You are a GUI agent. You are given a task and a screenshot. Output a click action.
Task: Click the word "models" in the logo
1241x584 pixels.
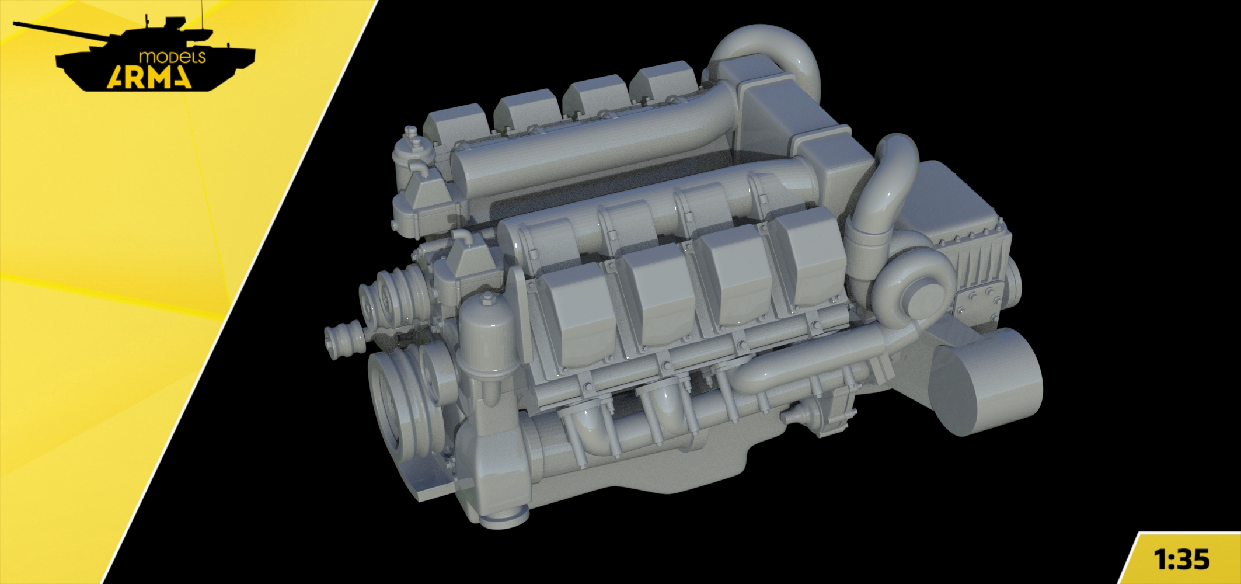(172, 57)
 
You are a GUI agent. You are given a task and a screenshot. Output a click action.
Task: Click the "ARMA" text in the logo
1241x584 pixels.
(149, 77)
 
